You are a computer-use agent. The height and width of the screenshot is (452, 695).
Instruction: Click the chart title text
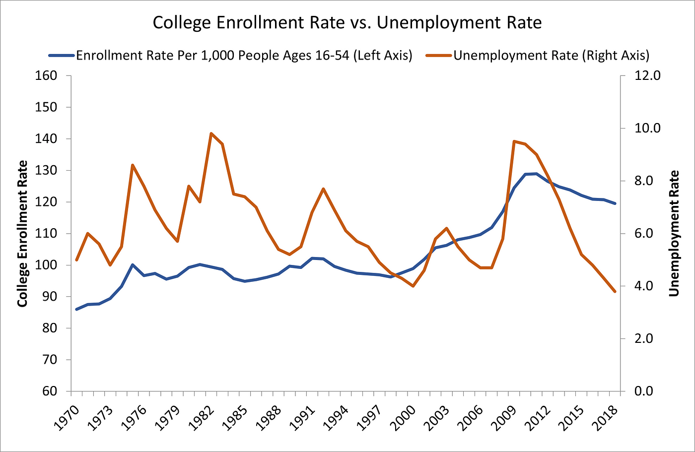click(x=347, y=23)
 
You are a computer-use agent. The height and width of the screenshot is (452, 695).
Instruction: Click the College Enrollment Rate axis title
click(x=22, y=233)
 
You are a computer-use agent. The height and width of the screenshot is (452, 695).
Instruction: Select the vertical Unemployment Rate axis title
click(x=673, y=233)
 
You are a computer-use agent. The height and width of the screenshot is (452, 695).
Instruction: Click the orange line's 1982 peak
click(x=211, y=133)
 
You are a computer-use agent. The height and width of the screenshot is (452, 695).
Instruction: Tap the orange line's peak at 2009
click(x=514, y=141)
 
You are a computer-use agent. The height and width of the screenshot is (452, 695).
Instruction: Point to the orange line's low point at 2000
click(x=413, y=286)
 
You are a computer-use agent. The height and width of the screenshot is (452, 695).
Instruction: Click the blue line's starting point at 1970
click(x=77, y=309)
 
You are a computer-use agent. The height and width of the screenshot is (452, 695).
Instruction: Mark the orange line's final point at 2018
click(x=615, y=292)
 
